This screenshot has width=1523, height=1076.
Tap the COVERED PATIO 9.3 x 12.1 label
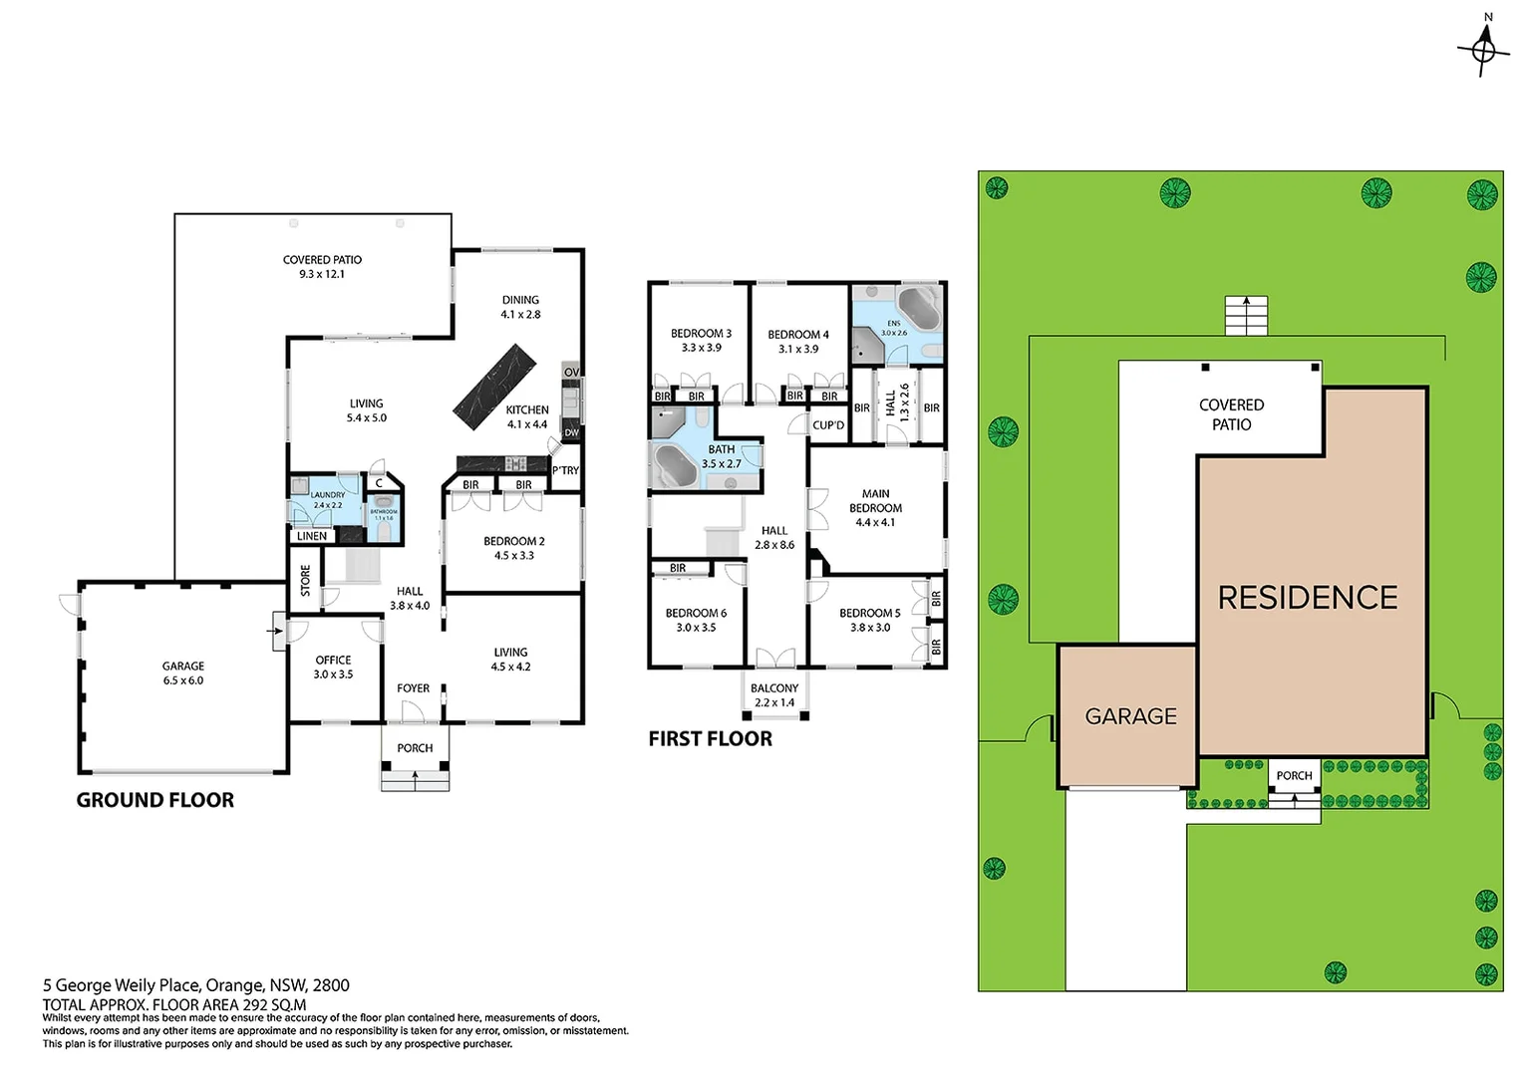[x=322, y=267]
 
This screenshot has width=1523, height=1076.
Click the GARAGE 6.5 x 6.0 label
[x=183, y=673]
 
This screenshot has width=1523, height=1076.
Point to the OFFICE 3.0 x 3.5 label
[x=333, y=668]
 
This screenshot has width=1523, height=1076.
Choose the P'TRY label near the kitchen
[x=565, y=470]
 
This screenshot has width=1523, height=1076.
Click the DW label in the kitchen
[x=571, y=433]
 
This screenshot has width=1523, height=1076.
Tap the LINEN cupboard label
[x=312, y=536]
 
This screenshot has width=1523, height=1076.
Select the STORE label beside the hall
[x=305, y=581]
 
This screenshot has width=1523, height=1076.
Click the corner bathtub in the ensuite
[x=920, y=304]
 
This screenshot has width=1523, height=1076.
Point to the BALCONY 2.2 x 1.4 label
[x=774, y=695]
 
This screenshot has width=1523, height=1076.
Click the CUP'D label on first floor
[x=828, y=425]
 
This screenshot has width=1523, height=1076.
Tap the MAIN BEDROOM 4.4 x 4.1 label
[x=875, y=508]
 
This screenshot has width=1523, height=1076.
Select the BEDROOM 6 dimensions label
[x=696, y=628]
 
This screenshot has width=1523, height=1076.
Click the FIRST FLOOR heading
[x=710, y=739]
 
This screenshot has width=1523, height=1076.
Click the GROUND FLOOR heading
[x=155, y=800]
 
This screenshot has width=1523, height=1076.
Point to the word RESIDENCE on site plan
[x=1308, y=598]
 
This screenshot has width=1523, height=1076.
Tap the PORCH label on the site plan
[x=1294, y=775]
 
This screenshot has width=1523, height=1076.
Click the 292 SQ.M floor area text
[x=269, y=1005]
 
